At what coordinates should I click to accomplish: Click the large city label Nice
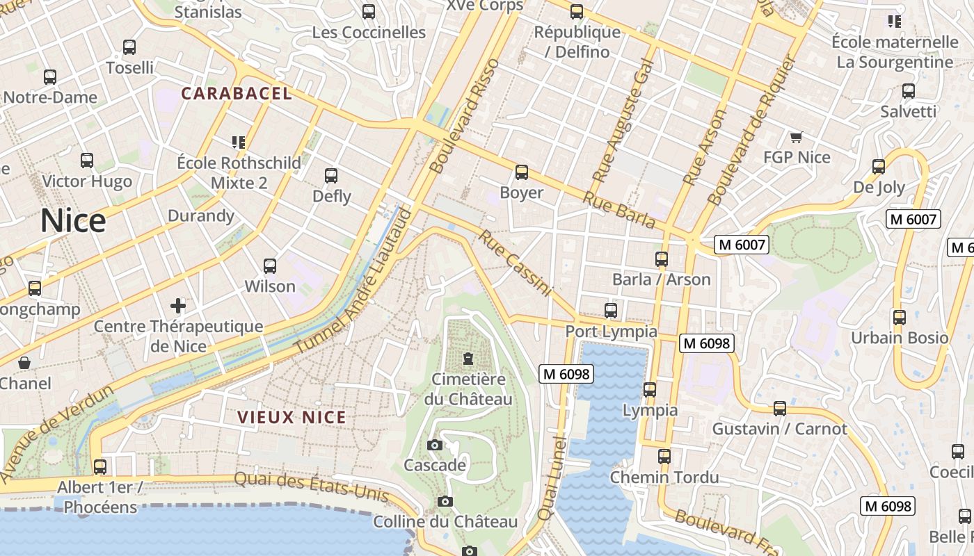point(73,221)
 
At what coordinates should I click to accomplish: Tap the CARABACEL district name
point(237,93)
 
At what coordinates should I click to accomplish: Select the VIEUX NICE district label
point(292,417)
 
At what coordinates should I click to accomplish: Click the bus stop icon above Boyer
point(521,172)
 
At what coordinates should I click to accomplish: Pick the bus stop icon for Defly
point(331,176)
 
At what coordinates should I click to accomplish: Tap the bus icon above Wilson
point(270,265)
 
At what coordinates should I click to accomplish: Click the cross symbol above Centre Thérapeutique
point(178,305)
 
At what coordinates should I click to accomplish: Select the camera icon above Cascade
point(435,445)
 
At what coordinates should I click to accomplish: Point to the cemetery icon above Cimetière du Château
point(468,359)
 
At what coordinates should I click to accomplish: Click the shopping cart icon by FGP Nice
point(797,137)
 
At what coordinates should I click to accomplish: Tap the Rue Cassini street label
point(515,263)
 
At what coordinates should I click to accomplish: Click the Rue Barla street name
point(619,210)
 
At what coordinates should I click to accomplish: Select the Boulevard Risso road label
point(465,116)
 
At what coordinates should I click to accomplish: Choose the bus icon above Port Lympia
point(611,310)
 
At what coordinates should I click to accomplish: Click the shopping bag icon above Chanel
point(24,363)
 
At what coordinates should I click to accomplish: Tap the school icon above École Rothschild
point(239,142)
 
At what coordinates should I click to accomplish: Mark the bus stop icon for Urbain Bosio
point(900,318)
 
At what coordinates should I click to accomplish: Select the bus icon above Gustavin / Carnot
point(780,409)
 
